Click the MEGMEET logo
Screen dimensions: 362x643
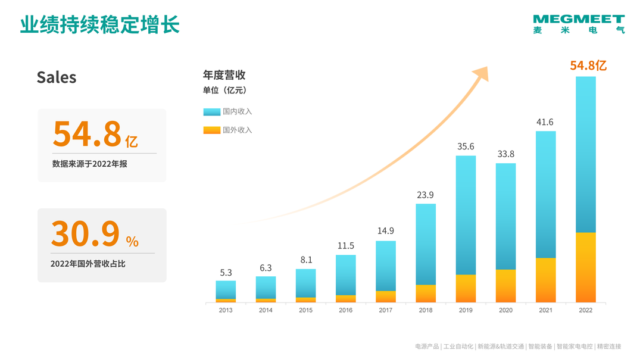click(579, 24)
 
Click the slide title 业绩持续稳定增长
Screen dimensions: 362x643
click(100, 26)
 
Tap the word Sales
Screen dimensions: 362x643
click(57, 77)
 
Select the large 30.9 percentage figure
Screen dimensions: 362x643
click(85, 233)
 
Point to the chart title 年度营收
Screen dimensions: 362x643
click(224, 75)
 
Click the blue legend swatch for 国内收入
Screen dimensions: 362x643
click(212, 111)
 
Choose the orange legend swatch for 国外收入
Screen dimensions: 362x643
click(212, 130)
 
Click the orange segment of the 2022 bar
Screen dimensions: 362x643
click(586, 267)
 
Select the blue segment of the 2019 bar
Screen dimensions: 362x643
click(466, 214)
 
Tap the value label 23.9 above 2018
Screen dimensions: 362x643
click(426, 195)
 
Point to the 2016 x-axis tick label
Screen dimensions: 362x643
click(345, 310)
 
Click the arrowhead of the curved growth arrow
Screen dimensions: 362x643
click(481, 74)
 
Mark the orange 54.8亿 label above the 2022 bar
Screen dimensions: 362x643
click(588, 65)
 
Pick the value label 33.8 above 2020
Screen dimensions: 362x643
click(506, 154)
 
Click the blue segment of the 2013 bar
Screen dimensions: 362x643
click(226, 289)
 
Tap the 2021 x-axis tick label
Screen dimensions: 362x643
click(546, 310)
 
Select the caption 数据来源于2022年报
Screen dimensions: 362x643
click(89, 164)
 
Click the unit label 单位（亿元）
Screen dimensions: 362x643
click(224, 90)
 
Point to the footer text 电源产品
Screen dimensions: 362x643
click(427, 346)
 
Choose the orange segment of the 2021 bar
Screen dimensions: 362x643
click(546, 280)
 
